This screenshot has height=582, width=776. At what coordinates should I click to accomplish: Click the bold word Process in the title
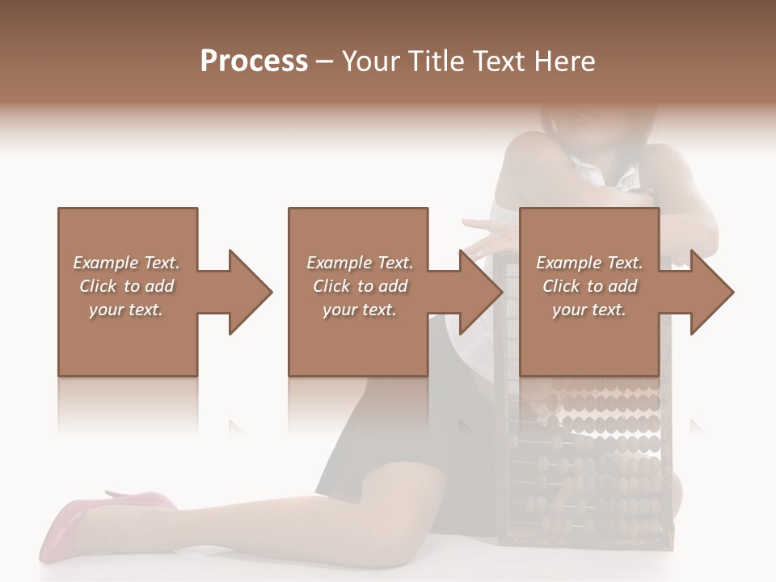click(254, 61)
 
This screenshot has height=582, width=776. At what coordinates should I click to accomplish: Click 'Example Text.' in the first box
click(126, 263)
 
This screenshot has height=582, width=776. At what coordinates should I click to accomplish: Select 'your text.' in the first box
click(126, 310)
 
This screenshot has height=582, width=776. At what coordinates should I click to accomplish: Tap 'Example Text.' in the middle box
click(360, 263)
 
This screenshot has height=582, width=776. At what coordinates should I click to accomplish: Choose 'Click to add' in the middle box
click(360, 286)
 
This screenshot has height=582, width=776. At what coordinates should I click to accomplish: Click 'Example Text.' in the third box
click(589, 263)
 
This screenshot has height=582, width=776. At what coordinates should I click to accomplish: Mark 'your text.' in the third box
click(589, 310)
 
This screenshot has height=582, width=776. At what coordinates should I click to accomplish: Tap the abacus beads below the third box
click(598, 453)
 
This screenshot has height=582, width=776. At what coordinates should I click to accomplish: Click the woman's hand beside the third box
click(489, 234)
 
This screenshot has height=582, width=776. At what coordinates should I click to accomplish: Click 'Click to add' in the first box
click(126, 286)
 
